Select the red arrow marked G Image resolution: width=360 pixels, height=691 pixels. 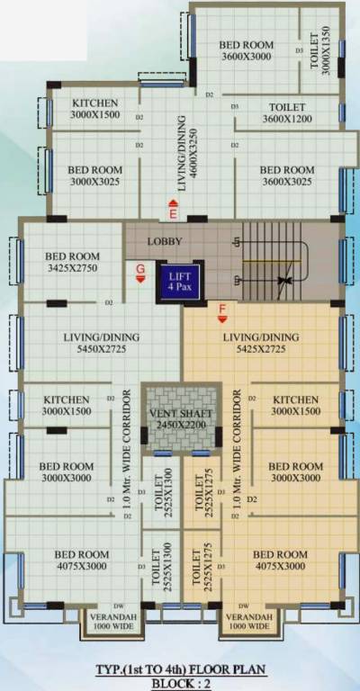(x=139, y=273)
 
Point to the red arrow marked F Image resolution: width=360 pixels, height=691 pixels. (x=221, y=312)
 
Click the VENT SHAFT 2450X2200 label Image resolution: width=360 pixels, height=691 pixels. (x=183, y=418)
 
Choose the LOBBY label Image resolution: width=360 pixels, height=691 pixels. (x=165, y=241)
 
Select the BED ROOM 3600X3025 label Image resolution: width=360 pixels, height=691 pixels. (x=286, y=175)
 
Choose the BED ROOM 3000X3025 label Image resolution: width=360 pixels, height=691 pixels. (x=94, y=175)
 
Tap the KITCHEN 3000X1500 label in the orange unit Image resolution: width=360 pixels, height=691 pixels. (x=296, y=405)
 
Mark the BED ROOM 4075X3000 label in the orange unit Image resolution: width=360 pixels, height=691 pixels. (x=280, y=560)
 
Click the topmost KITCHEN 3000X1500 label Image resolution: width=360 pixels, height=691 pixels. (x=95, y=108)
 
